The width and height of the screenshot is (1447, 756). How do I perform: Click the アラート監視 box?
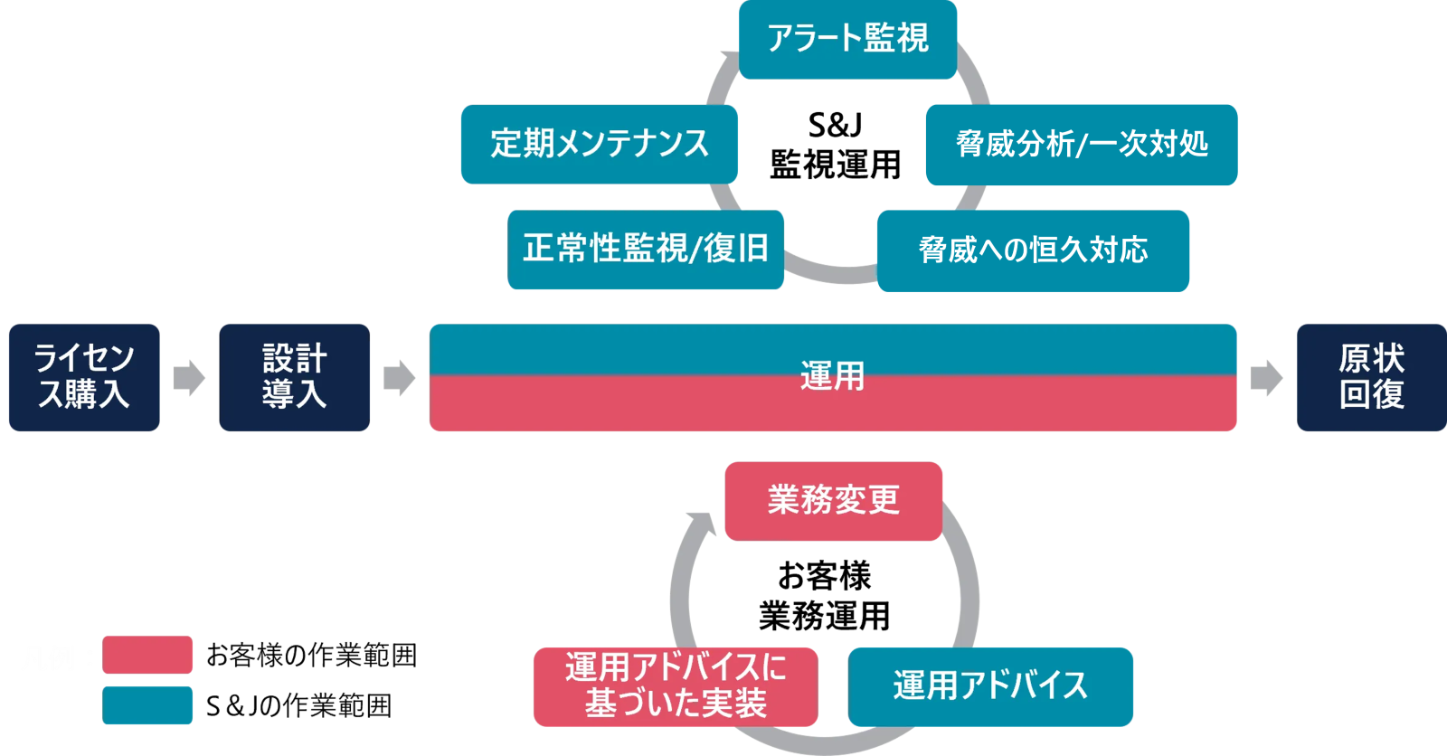tap(847, 39)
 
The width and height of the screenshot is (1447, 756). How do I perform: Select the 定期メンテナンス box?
tap(599, 144)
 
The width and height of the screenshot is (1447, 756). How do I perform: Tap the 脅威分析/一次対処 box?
tap(1081, 145)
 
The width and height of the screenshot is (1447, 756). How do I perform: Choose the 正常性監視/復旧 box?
tap(645, 250)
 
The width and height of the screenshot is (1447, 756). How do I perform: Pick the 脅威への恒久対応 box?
tap(1033, 250)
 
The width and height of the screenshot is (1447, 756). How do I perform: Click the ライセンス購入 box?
tap(84, 377)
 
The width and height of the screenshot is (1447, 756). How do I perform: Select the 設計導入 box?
tap(295, 377)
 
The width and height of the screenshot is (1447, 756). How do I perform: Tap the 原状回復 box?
tap(1371, 377)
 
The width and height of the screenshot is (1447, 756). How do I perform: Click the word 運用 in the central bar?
tap(832, 376)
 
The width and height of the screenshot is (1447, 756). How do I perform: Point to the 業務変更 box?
tap(833, 501)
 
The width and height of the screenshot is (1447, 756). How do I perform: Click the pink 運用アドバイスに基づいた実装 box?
tap(676, 686)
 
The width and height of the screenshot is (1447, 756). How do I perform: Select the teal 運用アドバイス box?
tap(990, 686)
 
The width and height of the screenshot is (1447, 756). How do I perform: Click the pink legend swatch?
tap(147, 655)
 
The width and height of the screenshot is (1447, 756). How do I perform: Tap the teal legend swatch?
tap(147, 705)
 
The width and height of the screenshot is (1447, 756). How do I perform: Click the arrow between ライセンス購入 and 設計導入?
tap(189, 378)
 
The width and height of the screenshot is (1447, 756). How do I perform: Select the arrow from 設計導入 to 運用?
tap(399, 378)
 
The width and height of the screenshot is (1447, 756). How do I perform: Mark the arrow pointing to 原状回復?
tap(1266, 378)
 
